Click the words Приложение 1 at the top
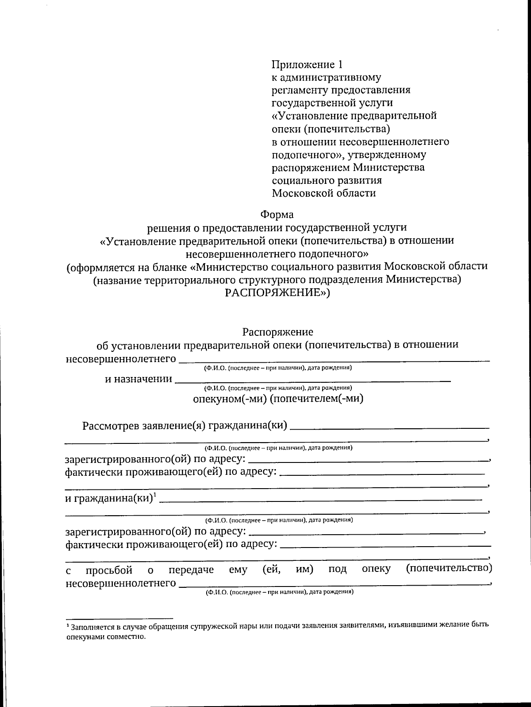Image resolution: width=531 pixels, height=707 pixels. click(307, 65)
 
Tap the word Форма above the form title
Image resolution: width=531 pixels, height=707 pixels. click(277, 215)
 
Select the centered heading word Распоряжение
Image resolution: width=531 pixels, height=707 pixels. click(277, 332)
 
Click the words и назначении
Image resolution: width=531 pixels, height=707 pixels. click(138, 379)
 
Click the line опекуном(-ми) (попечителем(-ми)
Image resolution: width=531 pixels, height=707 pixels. click(278, 398)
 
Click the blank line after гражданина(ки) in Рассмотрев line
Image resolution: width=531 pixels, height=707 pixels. click(389, 428)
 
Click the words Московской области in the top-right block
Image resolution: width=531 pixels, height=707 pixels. click(323, 193)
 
